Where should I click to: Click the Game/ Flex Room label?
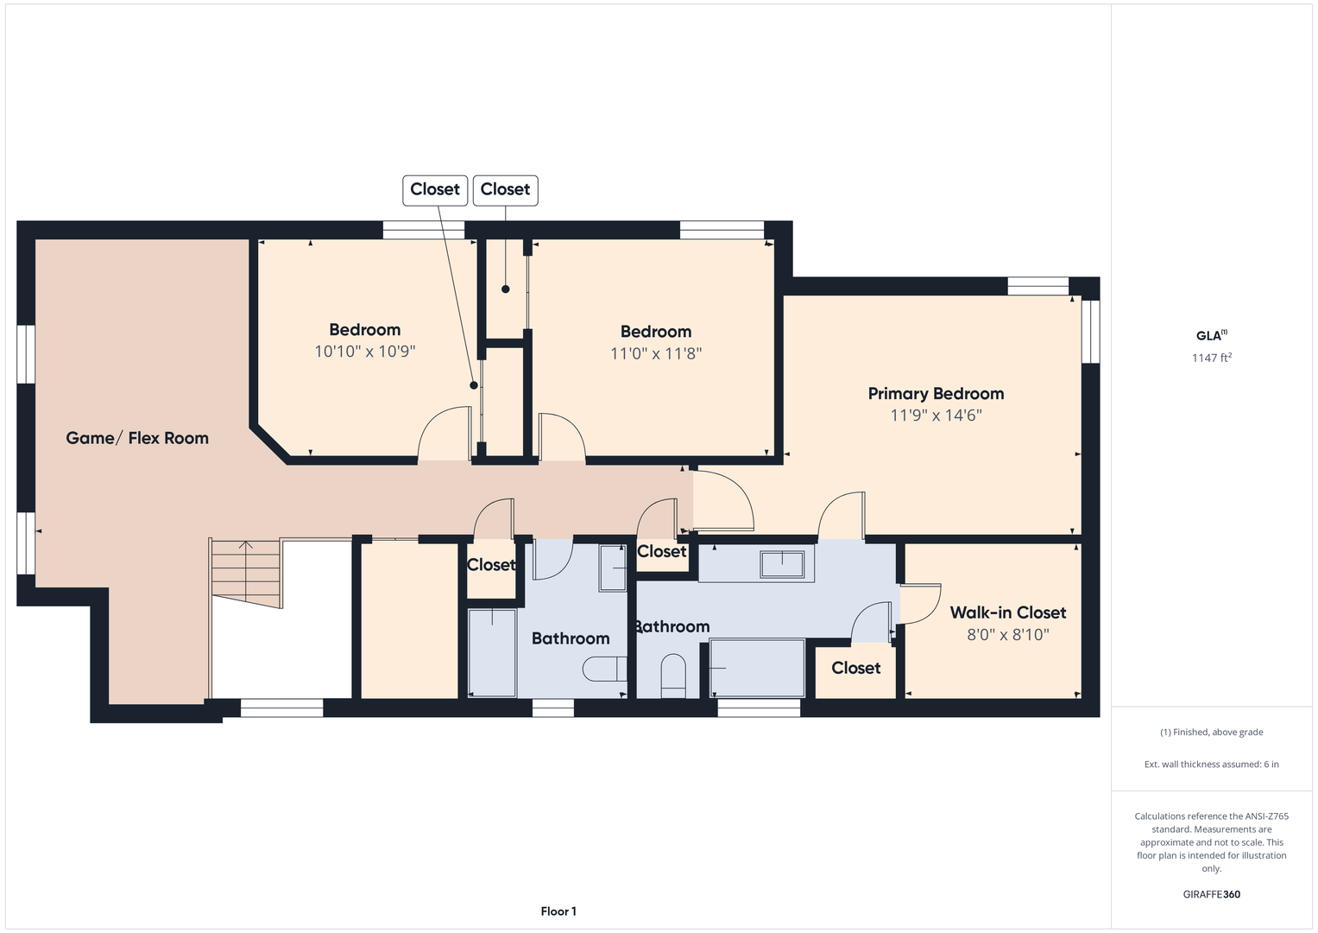pos(137,438)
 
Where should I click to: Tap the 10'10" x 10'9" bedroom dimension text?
pos(365,351)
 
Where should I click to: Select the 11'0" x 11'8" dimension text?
pos(656,353)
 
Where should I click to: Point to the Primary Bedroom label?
pos(936,394)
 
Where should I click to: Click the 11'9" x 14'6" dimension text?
pos(936,416)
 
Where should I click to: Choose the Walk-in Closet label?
pos(1008,612)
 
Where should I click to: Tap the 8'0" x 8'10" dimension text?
pos(1008,634)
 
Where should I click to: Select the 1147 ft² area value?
pos(1212,358)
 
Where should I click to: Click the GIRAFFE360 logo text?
pos(1212,894)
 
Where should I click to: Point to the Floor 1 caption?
pos(558,911)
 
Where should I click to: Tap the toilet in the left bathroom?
pos(605,670)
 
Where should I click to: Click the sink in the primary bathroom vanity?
pos(782,563)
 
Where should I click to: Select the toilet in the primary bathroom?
pos(673,676)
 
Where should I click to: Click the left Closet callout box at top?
pos(435,190)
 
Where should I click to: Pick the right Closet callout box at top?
pos(506,190)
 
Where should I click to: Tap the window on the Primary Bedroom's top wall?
pos(1038,286)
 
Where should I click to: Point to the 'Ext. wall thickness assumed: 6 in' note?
pos(1212,764)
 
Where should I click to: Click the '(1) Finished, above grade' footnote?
pos(1212,733)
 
